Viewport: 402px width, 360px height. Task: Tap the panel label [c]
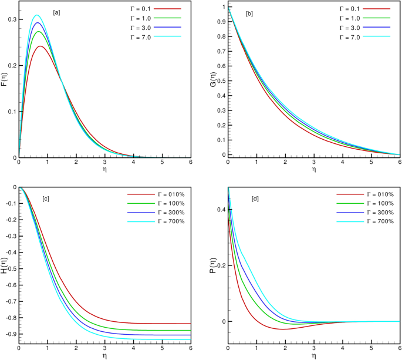(x=45, y=199)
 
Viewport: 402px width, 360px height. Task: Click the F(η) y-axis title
(x=5, y=80)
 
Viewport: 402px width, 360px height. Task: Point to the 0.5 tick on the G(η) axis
(x=221, y=81)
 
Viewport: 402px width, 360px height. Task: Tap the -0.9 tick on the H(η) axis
(x=10, y=334)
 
